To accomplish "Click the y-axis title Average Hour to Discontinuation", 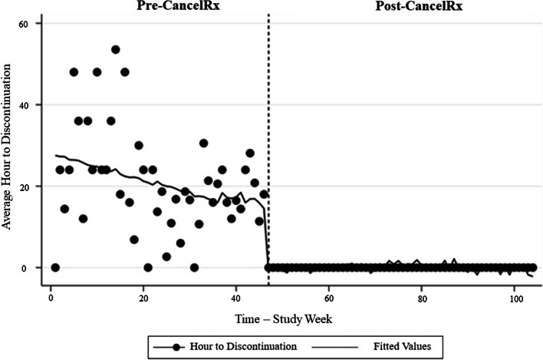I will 7,146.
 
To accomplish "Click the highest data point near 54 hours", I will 115,49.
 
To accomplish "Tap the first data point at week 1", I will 54,268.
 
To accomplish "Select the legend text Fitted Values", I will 401,346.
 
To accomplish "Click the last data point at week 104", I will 532,268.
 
